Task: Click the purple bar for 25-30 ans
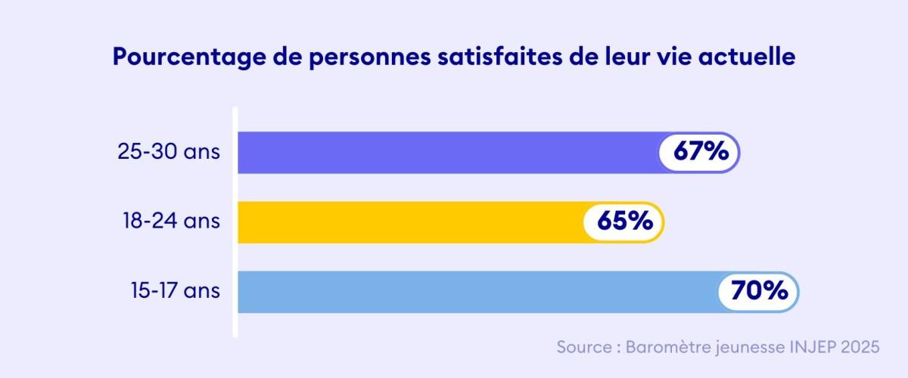(446, 152)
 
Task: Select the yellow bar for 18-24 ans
(409, 222)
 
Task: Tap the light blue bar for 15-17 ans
(477, 291)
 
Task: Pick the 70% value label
(759, 291)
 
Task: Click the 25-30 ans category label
(169, 152)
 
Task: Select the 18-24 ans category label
(171, 222)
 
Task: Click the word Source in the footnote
(583, 347)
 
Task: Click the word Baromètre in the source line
(663, 347)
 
